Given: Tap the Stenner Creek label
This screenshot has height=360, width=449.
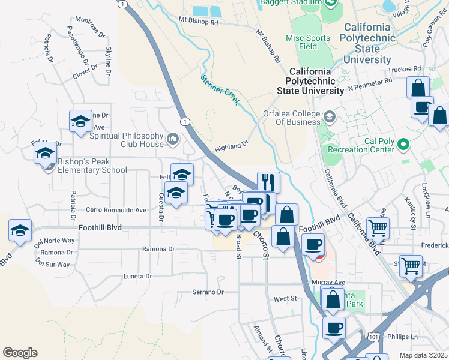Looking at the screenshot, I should point(220,89).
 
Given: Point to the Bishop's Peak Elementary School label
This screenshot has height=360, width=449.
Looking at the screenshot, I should point(92,166).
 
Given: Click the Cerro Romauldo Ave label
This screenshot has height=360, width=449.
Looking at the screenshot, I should point(116,210).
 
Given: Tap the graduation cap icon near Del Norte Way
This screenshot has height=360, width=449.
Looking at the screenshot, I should point(20,230).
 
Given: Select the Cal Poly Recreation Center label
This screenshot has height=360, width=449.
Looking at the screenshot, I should point(365,145).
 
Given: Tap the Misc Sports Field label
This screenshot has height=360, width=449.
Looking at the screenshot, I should point(308,42).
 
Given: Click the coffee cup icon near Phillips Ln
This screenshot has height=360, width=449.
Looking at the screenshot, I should point(334,328).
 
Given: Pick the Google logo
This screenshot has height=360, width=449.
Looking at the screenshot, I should point(20,352).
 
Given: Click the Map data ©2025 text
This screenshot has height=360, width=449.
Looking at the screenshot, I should point(423,355).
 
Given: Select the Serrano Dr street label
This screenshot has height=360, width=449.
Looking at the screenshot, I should point(207,292).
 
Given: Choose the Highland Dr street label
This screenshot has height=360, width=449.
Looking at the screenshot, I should point(232,146).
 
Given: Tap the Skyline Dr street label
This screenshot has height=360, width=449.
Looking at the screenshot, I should point(109,61).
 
